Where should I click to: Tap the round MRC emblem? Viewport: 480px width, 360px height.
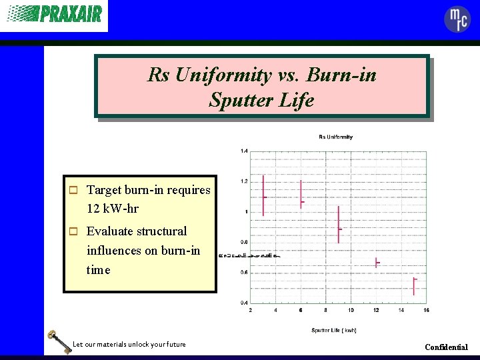coord(457,19)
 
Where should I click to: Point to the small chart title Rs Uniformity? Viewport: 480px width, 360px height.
coord(335,137)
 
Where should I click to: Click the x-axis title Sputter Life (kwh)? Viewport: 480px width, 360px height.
coord(333,330)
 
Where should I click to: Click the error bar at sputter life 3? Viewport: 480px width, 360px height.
coord(264,196)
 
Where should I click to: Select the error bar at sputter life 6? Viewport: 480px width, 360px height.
coord(301,195)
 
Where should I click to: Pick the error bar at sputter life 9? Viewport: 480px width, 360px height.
coord(339,225)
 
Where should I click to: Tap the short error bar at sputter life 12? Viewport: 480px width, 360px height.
coord(376,263)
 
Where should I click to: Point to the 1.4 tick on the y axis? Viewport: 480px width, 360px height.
coord(244,151)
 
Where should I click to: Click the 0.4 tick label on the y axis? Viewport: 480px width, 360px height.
coord(244,303)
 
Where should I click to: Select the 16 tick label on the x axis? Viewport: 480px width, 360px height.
coord(426,310)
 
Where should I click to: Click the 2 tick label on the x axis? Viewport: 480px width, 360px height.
coord(250,310)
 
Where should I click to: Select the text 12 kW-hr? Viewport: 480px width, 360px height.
coord(113,209)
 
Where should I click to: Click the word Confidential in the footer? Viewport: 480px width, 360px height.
coord(446,347)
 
